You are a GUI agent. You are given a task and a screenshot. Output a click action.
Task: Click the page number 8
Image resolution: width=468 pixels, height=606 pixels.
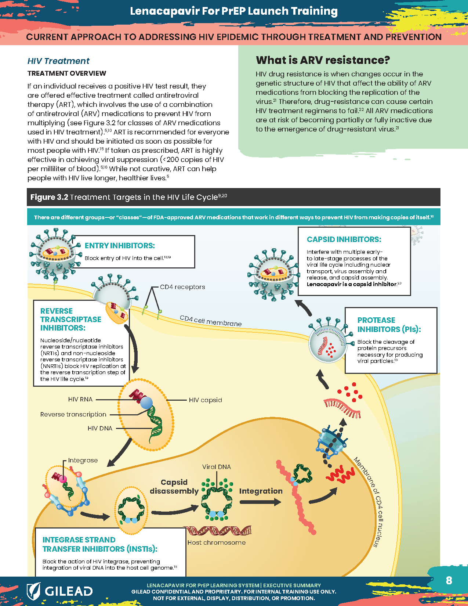[x=449, y=580]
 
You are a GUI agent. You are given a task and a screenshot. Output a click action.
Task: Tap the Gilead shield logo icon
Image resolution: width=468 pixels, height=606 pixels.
[x=33, y=591]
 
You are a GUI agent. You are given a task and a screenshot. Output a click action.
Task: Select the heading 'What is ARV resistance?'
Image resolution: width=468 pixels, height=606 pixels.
[x=323, y=60]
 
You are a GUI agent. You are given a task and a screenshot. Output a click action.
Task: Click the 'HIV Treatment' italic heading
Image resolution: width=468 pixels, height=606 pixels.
[x=58, y=61]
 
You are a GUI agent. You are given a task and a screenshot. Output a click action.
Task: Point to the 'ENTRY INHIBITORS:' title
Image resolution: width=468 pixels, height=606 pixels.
[x=120, y=245]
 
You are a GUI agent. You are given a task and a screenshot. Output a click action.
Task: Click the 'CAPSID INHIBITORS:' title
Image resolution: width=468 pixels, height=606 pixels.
[x=344, y=239]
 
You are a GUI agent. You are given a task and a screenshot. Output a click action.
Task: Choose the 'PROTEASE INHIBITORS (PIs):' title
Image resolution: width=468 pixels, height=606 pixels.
[x=389, y=325]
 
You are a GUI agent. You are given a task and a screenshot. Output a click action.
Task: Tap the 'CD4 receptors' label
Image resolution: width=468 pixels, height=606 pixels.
[x=182, y=287]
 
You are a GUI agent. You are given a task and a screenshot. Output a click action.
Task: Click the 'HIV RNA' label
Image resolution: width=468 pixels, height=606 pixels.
[x=80, y=399]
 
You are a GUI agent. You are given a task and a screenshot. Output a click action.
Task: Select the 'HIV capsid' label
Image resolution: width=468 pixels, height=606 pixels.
[x=205, y=400]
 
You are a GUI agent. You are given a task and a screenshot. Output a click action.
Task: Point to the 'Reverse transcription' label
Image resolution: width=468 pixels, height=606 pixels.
[x=73, y=414]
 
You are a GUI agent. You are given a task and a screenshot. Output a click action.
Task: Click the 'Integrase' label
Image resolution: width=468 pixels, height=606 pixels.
[x=83, y=460]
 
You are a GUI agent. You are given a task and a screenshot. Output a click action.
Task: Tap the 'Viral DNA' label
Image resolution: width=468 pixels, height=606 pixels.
[x=217, y=467]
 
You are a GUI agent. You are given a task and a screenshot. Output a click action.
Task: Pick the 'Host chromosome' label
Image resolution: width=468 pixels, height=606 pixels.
[x=217, y=542]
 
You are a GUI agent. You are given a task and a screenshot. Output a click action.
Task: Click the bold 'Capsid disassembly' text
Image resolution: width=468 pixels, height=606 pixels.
[x=174, y=487]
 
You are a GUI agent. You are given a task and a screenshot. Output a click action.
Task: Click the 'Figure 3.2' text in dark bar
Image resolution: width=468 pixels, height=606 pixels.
[x=49, y=197]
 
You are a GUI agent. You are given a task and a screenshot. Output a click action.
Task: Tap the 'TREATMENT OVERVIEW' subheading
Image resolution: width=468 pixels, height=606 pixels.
[x=67, y=73]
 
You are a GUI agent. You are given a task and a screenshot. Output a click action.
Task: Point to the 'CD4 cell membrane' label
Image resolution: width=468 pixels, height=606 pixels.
[x=211, y=321]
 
